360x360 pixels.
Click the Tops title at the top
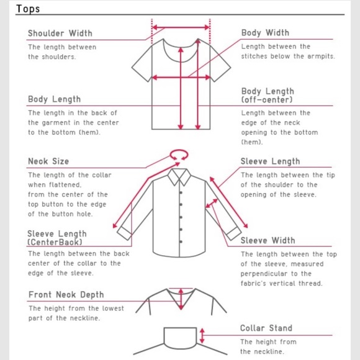coord(28,9)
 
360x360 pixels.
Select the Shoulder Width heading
coord(60,34)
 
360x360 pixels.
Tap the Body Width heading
coord(265,33)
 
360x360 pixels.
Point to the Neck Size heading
coord(48,161)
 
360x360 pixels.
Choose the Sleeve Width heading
coord(268,240)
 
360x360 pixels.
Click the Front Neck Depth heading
coord(66,295)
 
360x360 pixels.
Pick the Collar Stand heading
coord(266,328)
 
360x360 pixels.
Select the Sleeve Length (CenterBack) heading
coord(57,238)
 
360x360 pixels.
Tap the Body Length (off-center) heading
coord(268,96)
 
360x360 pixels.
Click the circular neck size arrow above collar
coord(179,150)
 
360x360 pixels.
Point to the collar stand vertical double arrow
coord(202,336)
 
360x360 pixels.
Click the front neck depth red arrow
coord(181,299)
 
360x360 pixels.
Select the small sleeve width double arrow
coord(212,204)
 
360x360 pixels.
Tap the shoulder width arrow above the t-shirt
coord(181,27)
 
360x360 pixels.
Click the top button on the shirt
coord(181,192)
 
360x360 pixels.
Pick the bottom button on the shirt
coord(181,242)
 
